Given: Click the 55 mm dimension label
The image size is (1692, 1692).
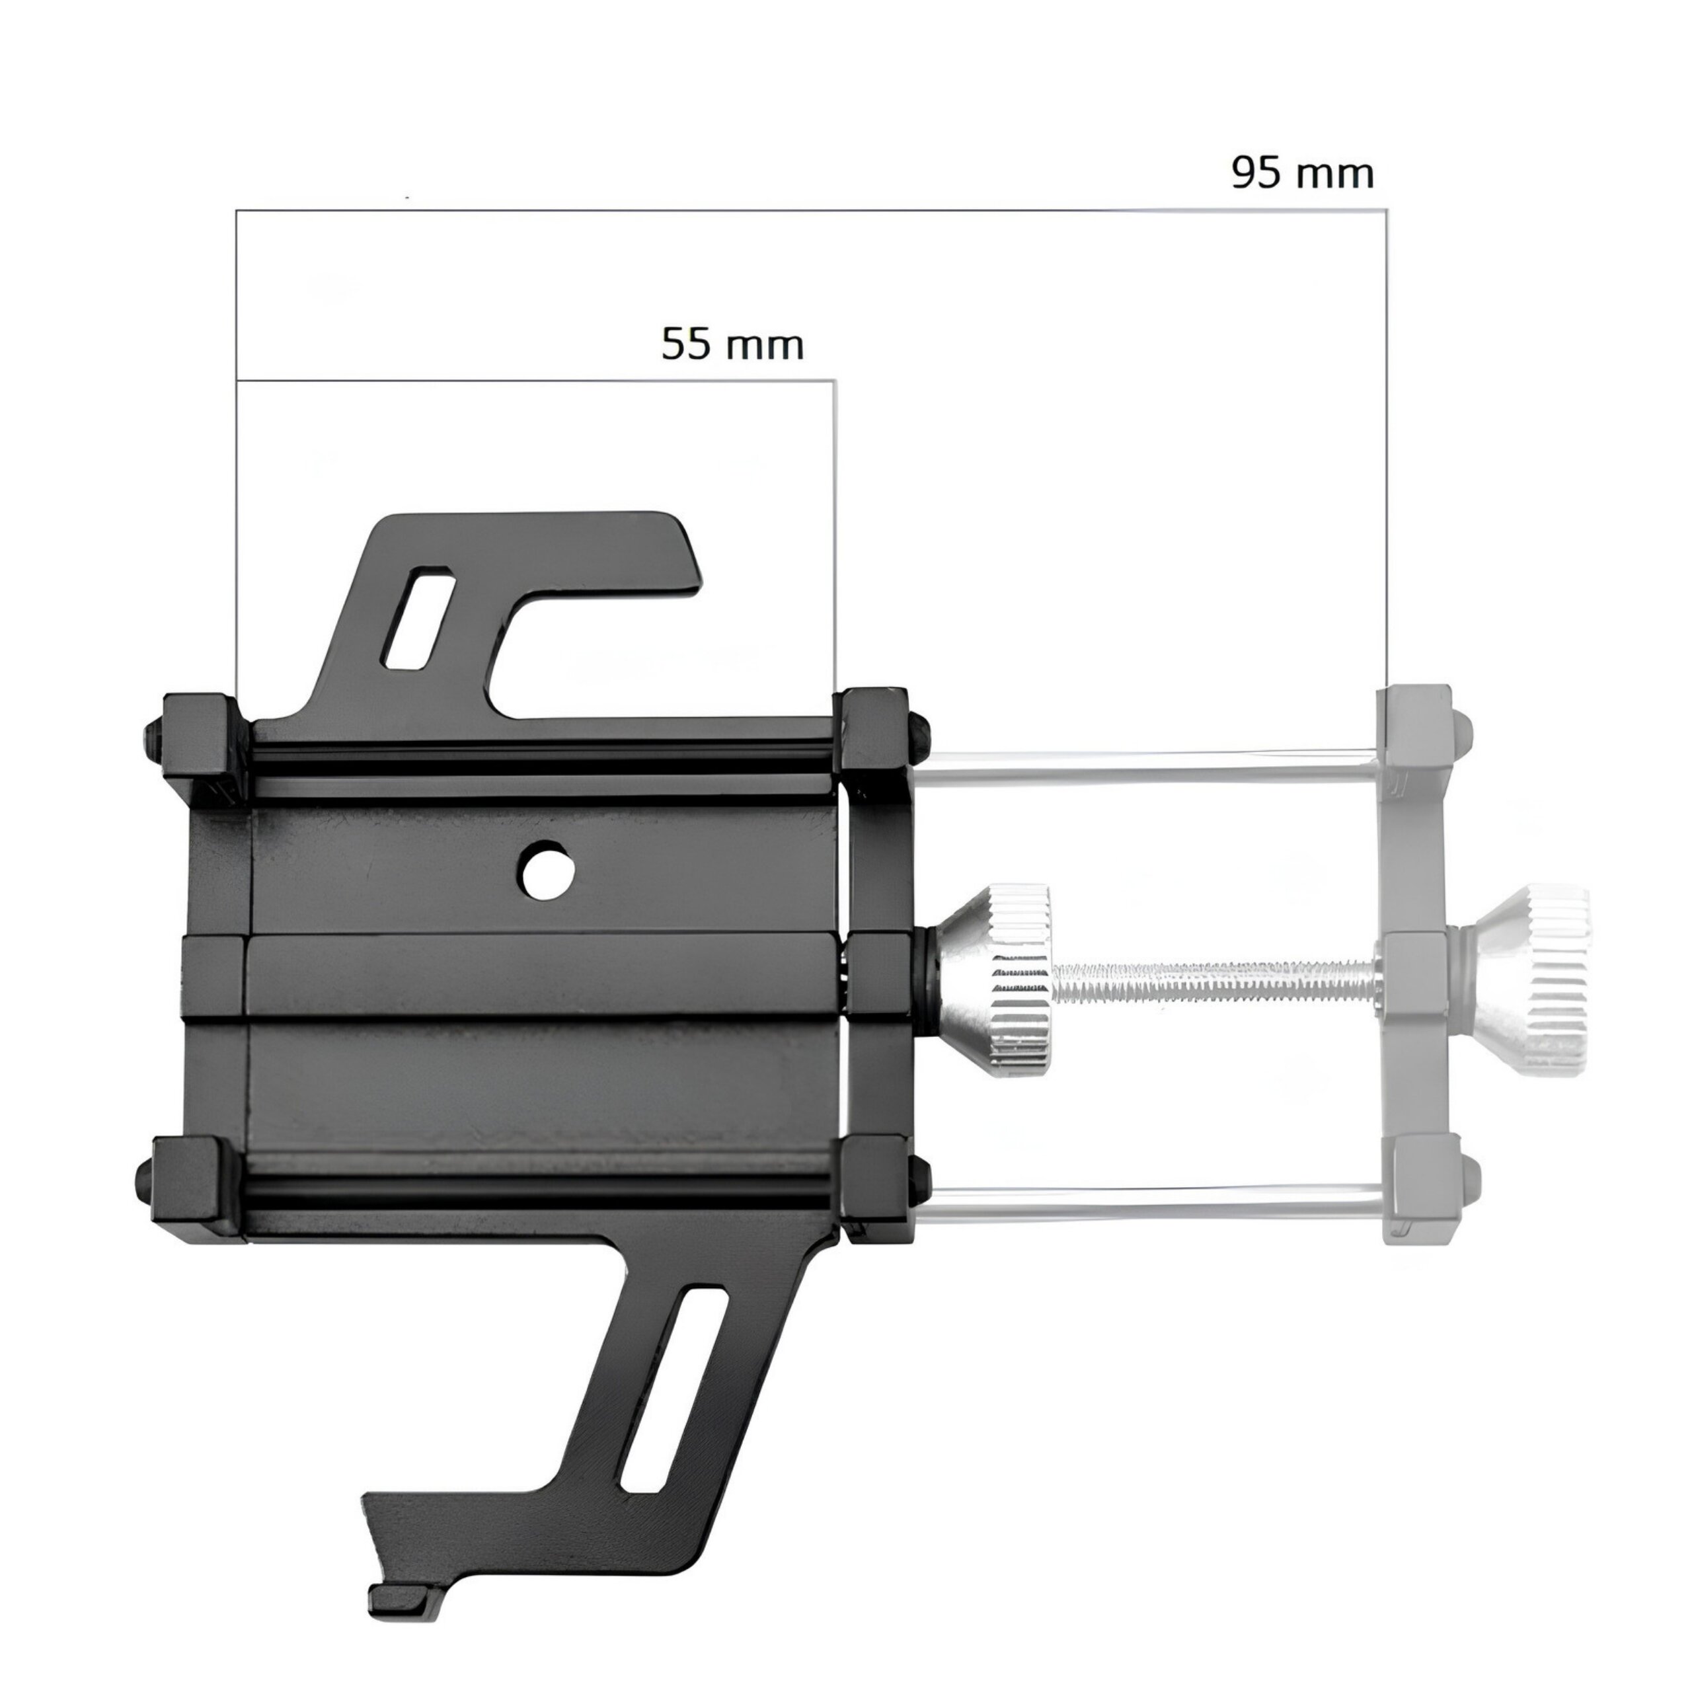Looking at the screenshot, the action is click(x=732, y=344).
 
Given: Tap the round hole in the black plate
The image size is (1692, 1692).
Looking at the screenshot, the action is click(x=547, y=870).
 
